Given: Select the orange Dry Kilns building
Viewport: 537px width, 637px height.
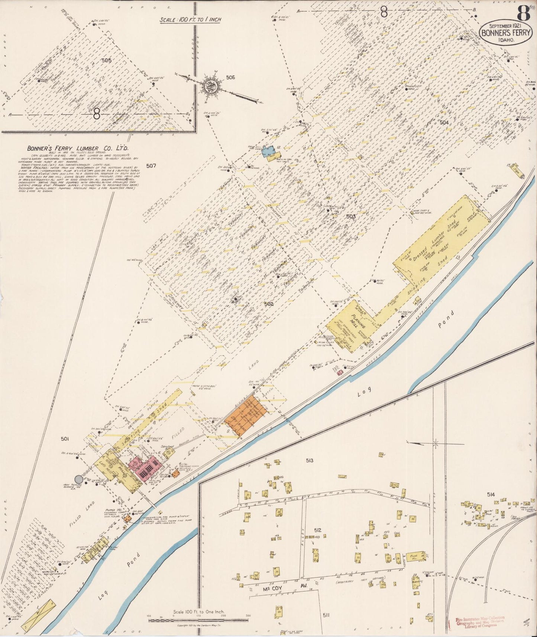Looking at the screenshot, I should click(251, 415).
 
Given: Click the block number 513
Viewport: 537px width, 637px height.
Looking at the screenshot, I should click(309, 461).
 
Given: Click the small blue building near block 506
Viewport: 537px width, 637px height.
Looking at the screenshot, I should click(267, 152).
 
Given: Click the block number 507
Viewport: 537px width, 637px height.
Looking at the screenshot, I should click(151, 166).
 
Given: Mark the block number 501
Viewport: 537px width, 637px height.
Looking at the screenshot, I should click(65, 439).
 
